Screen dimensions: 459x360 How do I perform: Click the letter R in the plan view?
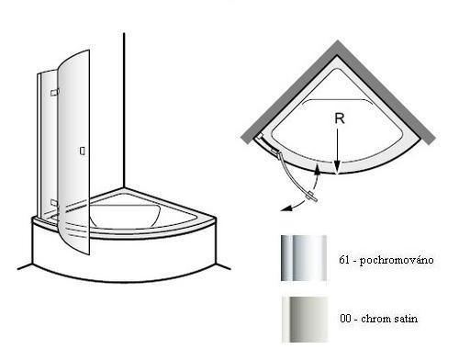point(340,118)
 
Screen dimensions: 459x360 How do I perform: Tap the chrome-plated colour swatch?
point(304,258)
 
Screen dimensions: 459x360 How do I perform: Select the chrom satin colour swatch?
point(305,319)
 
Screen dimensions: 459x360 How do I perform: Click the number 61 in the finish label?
point(344,260)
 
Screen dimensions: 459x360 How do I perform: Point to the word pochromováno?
point(397,261)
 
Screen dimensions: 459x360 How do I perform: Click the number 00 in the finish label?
point(345,319)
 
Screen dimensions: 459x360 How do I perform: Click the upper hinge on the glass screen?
point(54,93)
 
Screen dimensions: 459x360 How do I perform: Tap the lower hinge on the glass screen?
point(54,202)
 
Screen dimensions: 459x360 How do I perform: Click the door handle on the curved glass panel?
point(83,151)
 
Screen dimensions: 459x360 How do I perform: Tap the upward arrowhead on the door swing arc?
point(318,169)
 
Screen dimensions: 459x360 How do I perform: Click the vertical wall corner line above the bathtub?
point(124,110)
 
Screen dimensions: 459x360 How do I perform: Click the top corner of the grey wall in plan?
point(338,40)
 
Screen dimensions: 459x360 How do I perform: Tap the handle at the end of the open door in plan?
point(313,197)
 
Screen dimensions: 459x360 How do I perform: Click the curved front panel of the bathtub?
point(125,257)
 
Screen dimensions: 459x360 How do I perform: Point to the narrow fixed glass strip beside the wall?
point(39,144)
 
